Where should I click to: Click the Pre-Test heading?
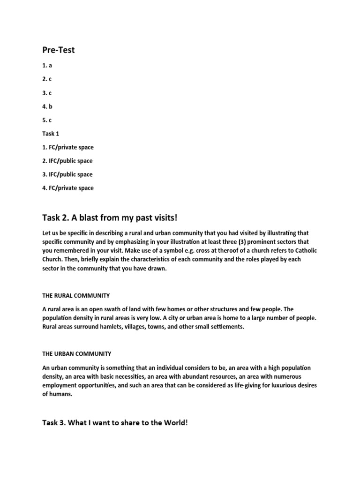coord(59,50)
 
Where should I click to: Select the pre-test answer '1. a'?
coord(47,66)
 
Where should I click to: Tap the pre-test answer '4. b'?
coord(47,106)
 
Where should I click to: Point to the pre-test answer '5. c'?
coord(47,120)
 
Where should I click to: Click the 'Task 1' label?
coord(51,134)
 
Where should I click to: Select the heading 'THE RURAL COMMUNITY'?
coord(76,296)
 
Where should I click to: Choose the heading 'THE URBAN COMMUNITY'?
coord(77,354)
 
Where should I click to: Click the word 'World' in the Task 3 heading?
coord(176,422)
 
